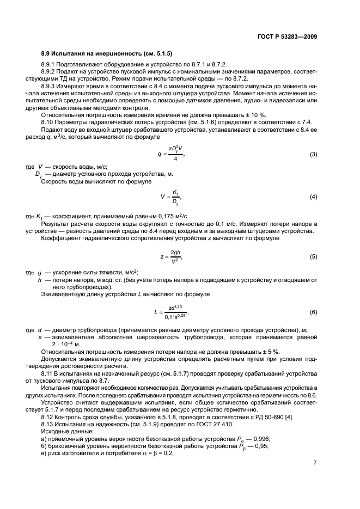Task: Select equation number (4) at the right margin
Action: pyautogui.click(x=313, y=196)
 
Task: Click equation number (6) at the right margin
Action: pyautogui.click(x=313, y=312)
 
